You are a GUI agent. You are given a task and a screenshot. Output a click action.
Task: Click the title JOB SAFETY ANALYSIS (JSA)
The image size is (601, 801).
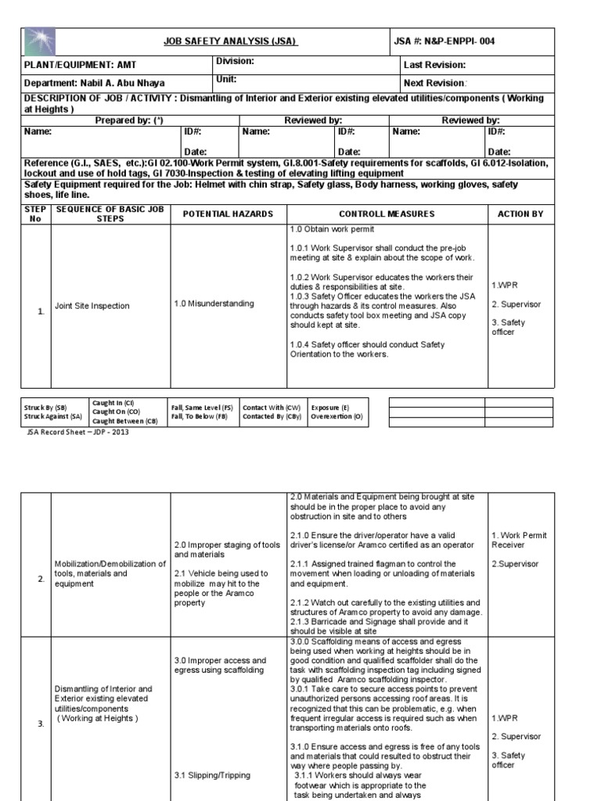point(230,41)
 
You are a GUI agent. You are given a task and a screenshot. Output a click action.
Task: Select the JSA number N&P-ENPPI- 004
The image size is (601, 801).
point(444,41)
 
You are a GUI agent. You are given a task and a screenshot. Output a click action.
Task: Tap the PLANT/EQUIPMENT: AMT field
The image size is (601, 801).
point(81,66)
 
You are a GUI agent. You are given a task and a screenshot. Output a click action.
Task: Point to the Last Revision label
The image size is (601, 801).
point(434,65)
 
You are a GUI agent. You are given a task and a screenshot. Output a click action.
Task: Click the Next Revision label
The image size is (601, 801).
point(435,83)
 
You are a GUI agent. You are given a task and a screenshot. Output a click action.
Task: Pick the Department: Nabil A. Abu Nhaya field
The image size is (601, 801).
point(95,83)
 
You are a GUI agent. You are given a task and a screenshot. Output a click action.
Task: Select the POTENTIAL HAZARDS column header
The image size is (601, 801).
point(228,214)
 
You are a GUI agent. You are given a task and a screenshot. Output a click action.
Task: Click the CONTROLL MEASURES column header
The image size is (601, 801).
point(387,214)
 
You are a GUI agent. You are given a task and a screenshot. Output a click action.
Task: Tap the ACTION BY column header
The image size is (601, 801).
point(520,214)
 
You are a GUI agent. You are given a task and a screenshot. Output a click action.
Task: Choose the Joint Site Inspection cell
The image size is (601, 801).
point(92,306)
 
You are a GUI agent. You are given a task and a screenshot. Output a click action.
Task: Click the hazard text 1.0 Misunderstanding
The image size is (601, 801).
point(214,304)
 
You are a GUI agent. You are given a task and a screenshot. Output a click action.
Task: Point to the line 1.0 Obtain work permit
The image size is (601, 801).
point(333,229)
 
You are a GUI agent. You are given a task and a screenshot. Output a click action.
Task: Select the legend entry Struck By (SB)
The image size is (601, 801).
point(45,408)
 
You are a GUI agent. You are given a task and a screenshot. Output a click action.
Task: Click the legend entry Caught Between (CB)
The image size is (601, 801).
point(125,420)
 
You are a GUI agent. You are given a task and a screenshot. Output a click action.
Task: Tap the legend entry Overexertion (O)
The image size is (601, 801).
point(336,417)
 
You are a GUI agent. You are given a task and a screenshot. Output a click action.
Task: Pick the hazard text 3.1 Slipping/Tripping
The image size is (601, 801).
point(212,775)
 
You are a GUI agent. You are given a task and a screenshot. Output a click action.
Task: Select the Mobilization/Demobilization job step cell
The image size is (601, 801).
point(110,573)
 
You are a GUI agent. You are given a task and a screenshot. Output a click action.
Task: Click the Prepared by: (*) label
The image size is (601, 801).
point(129,120)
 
